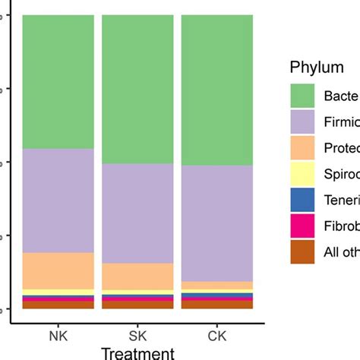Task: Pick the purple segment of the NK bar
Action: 58,201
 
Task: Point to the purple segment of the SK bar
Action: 137,213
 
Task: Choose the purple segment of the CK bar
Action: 216,223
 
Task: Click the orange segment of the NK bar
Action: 58,270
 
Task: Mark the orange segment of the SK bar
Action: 137,276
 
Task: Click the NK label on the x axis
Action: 58,334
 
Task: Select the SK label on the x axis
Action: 137,334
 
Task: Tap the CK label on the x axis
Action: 216,334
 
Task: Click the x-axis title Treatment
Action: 137,352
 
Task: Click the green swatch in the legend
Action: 302,96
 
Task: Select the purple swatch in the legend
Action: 302,122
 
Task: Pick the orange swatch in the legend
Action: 302,148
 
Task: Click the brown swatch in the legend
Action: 302,251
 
